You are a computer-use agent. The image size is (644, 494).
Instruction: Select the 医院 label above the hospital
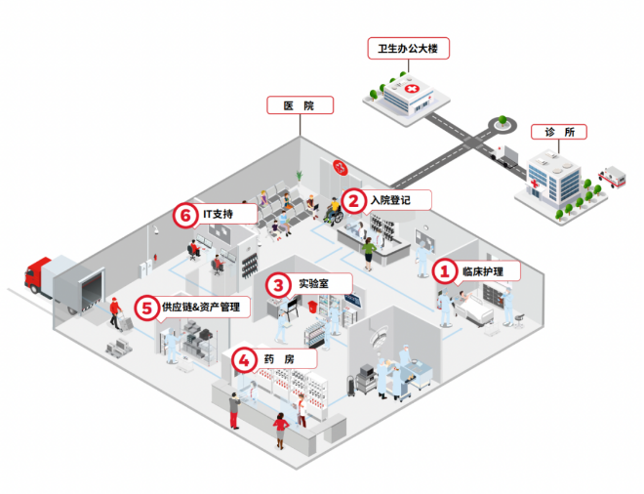pyautogui.click(x=301, y=104)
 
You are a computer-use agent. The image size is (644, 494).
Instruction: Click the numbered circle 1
pyautogui.click(x=445, y=270)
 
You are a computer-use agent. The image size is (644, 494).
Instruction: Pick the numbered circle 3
pyautogui.click(x=280, y=284)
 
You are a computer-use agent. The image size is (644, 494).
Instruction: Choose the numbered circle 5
pyautogui.click(x=146, y=308)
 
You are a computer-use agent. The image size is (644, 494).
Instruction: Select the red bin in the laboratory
pyautogui.click(x=312, y=305)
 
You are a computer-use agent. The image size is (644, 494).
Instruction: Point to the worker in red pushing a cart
pyautogui.click(x=116, y=313)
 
